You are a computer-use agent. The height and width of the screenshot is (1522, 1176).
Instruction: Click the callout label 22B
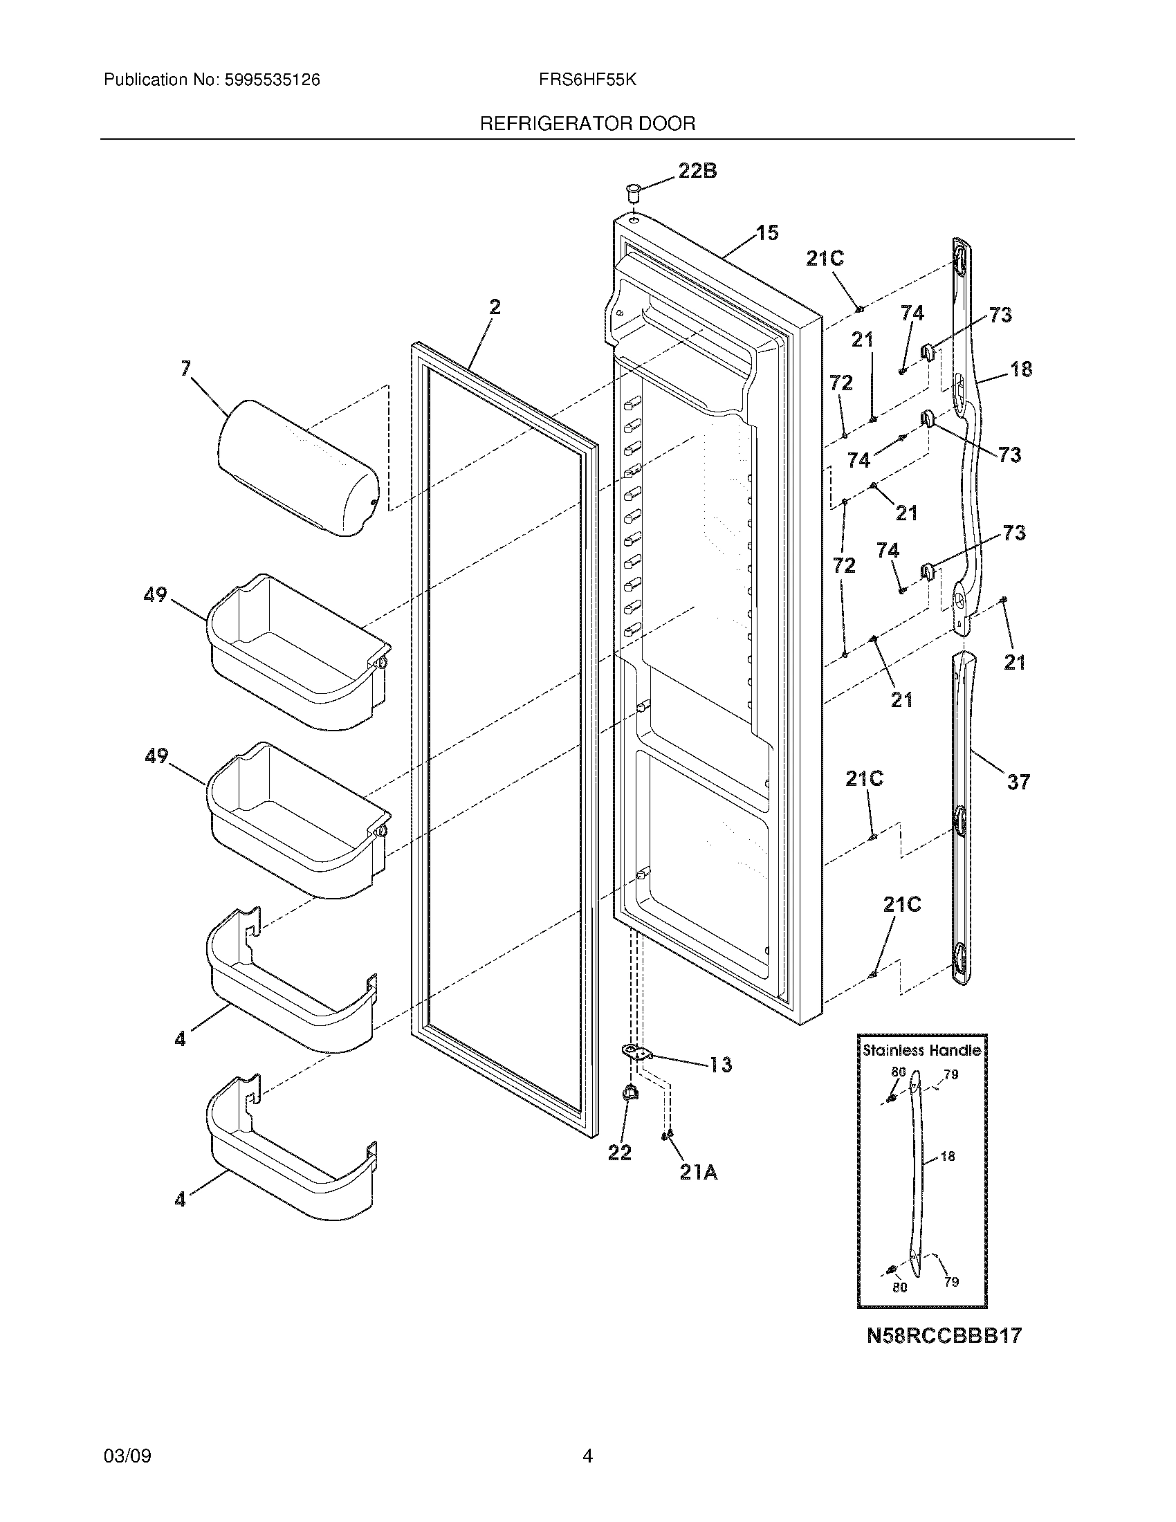[x=697, y=171]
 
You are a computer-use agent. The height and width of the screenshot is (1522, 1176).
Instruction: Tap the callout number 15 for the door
[x=767, y=232]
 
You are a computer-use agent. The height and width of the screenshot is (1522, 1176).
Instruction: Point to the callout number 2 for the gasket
[x=495, y=306]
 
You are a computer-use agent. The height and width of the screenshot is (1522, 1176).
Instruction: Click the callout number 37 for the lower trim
[x=1018, y=782]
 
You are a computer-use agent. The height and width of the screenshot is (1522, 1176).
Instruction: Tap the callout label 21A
[x=699, y=1173]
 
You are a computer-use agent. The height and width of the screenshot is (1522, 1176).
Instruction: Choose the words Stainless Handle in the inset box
[x=921, y=1050]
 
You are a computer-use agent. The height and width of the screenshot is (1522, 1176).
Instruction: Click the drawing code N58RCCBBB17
[x=944, y=1335]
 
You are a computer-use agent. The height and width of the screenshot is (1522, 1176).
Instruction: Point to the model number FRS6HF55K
[x=587, y=80]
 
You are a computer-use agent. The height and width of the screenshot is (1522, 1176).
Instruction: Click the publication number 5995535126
[x=272, y=80]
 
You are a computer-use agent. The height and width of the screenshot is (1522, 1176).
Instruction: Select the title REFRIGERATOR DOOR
[x=587, y=124]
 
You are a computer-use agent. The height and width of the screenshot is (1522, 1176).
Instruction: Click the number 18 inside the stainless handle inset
[x=948, y=1157]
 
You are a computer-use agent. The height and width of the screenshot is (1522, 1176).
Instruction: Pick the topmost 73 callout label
[x=1000, y=315]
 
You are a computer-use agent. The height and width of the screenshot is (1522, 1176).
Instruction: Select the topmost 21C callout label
[x=825, y=259]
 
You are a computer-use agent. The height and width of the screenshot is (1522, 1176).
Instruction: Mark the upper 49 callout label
[x=156, y=594]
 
